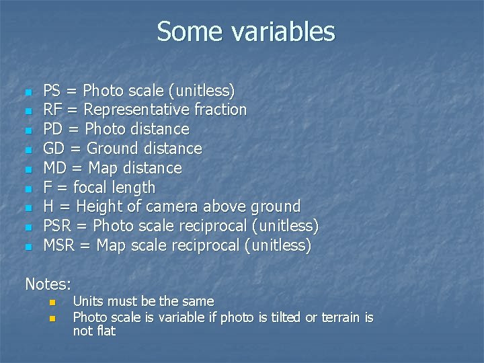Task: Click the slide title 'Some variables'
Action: tap(245, 32)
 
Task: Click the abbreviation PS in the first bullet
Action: tap(51, 90)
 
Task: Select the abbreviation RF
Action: tap(52, 110)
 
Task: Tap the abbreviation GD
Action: tap(54, 148)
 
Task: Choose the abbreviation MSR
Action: tap(59, 245)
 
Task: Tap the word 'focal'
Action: tap(91, 187)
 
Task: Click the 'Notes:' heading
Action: tap(48, 284)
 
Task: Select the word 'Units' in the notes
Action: tap(88, 302)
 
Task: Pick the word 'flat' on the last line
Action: tap(104, 331)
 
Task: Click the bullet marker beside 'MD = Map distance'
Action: tap(28, 169)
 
